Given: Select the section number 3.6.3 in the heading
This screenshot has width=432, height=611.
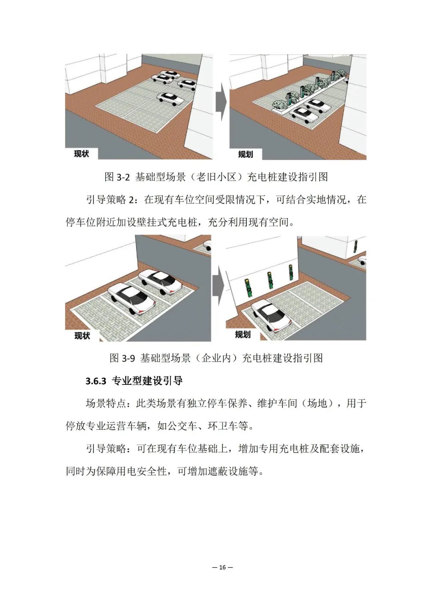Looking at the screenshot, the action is tap(96, 381).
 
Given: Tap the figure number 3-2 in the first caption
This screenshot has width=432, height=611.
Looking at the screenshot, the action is tap(123, 178).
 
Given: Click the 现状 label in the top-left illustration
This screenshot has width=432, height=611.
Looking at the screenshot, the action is tap(82, 154).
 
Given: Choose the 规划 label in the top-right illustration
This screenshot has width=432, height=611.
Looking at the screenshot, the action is tap(246, 154).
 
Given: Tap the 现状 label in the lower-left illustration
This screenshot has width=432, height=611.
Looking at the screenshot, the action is tap(82, 335).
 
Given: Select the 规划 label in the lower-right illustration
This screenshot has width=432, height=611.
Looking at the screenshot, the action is tap(243, 335).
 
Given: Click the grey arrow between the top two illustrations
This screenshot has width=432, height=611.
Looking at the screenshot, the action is tap(221, 102).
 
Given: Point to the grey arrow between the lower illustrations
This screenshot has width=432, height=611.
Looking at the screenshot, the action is tap(218, 286).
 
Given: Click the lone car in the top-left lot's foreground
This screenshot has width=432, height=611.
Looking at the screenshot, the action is tap(171, 99).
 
